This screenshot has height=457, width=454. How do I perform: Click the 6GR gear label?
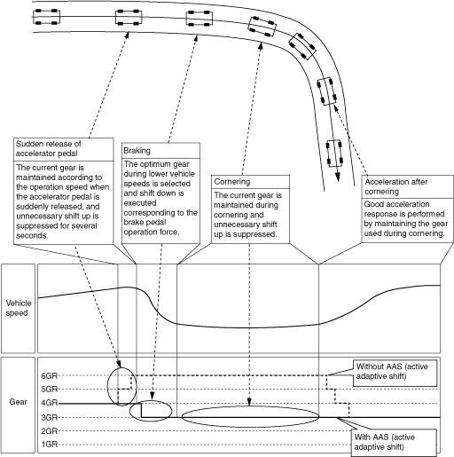tap(50, 375)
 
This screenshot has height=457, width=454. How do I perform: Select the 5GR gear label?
tap(50, 390)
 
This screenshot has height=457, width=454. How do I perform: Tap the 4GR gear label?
tap(50, 403)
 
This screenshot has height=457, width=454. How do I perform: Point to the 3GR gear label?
tap(50, 417)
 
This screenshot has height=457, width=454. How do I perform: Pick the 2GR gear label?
tap(50, 431)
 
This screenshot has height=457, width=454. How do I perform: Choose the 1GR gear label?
tap(50, 445)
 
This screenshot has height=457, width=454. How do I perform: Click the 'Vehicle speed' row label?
tap(19, 308)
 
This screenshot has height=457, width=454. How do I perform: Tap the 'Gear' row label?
tap(18, 402)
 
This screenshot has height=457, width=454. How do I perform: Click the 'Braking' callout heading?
tap(137, 151)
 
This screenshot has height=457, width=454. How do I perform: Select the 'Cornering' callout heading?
tap(232, 182)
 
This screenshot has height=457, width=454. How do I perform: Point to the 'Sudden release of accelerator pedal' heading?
tap(49, 148)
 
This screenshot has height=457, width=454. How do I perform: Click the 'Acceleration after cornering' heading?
tap(396, 186)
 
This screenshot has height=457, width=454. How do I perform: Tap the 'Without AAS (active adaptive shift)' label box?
tap(395, 373)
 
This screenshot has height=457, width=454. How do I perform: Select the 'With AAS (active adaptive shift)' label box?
tap(394, 443)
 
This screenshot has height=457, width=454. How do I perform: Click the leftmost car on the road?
tap(46, 17)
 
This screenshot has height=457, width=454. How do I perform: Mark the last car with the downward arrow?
tap(334, 153)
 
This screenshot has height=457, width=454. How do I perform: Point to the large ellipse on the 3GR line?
tap(250, 406)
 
